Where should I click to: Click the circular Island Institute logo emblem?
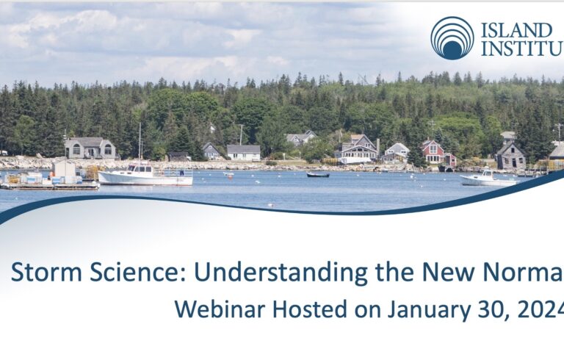pos(452,37)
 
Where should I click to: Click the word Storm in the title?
pos(47,272)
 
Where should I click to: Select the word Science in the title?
pos(137,272)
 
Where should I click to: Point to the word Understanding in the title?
pos(281,273)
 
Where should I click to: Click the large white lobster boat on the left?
pos(145,175)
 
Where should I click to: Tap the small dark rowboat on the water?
pos(317,175)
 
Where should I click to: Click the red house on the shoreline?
pos(433,152)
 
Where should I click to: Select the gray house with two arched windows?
pos(90,148)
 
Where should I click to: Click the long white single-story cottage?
pos(244,153)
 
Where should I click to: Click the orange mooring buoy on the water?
pos(230,176)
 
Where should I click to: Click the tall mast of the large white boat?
pos(140,143)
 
